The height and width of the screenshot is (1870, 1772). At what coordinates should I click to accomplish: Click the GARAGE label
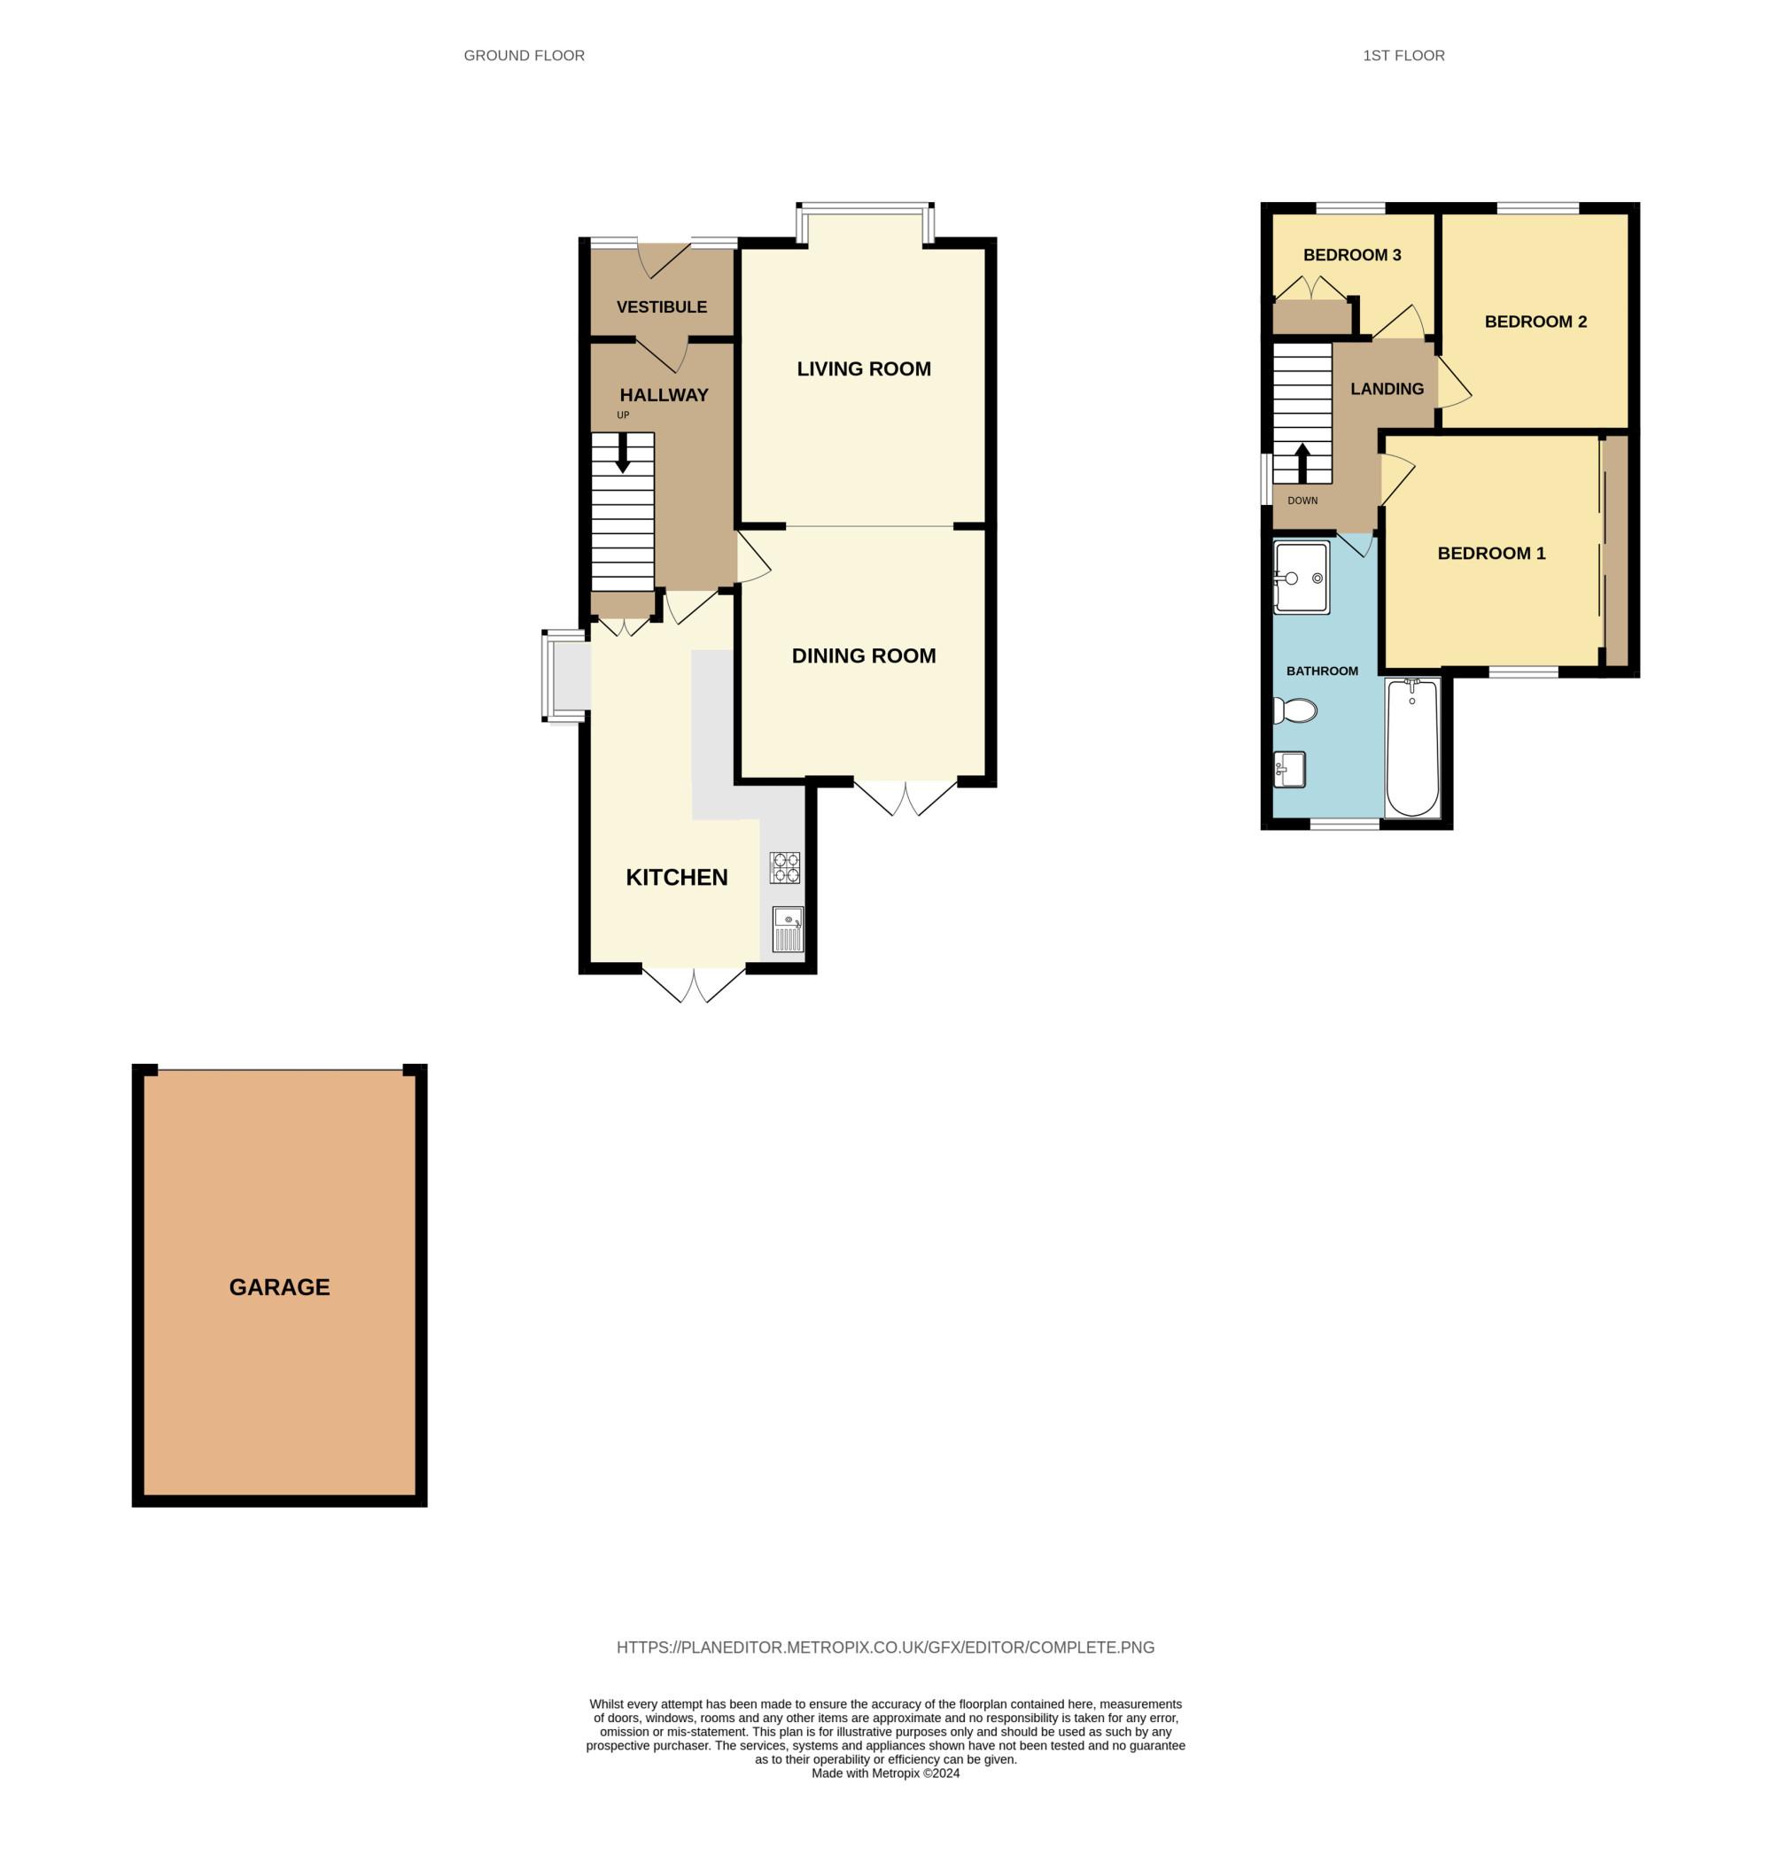click(280, 1287)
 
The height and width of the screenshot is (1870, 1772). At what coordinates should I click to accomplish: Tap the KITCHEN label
click(676, 877)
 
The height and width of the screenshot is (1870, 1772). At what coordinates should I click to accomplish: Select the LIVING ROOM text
click(863, 369)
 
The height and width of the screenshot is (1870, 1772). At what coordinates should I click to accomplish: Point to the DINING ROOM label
click(863, 656)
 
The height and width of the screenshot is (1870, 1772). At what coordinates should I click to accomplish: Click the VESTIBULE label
click(661, 307)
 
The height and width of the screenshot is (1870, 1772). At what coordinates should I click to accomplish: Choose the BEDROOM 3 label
click(1352, 255)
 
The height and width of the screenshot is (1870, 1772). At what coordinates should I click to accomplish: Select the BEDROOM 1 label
click(1491, 554)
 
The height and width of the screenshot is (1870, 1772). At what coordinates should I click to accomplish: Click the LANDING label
click(1387, 389)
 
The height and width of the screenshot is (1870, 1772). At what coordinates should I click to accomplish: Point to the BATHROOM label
click(1323, 671)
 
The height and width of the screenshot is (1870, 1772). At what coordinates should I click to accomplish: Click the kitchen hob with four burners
click(785, 868)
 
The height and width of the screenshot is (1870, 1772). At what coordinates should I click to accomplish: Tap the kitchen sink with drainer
click(788, 929)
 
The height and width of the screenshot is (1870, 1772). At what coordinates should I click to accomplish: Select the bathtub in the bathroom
click(1412, 747)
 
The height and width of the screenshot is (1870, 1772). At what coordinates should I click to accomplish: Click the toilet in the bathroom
click(1295, 710)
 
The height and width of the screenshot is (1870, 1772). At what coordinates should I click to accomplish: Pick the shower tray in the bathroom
click(1302, 577)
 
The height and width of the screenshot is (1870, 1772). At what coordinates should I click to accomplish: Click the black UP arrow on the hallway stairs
click(623, 453)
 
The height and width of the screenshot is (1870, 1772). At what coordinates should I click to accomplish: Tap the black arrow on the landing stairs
click(1302, 463)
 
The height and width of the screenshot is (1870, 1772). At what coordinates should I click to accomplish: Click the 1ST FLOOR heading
click(1403, 56)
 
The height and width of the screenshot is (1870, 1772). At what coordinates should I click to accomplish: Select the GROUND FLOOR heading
click(525, 56)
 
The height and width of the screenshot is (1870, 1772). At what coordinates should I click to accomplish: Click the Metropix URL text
click(885, 1648)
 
